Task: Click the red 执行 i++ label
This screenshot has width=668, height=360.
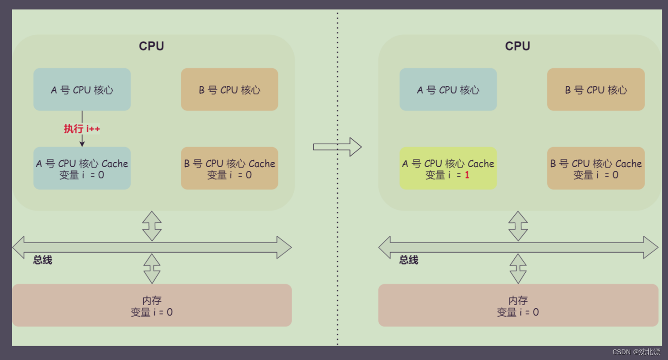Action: coord(82,128)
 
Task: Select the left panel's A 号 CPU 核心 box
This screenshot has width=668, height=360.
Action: coord(82,90)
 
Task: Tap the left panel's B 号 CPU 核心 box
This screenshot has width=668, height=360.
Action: coord(229,90)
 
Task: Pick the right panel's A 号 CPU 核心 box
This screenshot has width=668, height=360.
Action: coord(448,90)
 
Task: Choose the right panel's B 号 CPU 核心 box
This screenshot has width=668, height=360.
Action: coord(596,90)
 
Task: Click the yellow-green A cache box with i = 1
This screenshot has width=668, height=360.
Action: coord(448,169)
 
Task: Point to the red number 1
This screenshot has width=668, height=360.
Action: coord(467,175)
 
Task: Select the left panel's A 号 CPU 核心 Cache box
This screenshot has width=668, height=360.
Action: coord(82,169)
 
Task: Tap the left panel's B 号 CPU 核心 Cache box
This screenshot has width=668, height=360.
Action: coord(229,169)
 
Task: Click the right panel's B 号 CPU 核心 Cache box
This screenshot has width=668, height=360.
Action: coord(596,169)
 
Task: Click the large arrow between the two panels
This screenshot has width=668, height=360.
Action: coord(337,147)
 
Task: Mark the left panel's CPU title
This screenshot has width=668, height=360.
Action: coord(151,46)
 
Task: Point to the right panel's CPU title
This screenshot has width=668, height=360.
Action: coord(518,46)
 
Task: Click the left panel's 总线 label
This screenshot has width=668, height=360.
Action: coord(42,260)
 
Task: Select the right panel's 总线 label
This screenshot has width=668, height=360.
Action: coord(409,260)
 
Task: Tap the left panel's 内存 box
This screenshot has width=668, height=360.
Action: coord(152,306)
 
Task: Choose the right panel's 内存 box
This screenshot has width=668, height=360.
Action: coord(518,306)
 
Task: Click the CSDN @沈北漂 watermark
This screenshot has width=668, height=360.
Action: coord(636,352)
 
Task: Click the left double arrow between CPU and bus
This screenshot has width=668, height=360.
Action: coord(152,226)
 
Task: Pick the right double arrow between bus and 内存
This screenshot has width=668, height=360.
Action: coord(518,269)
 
